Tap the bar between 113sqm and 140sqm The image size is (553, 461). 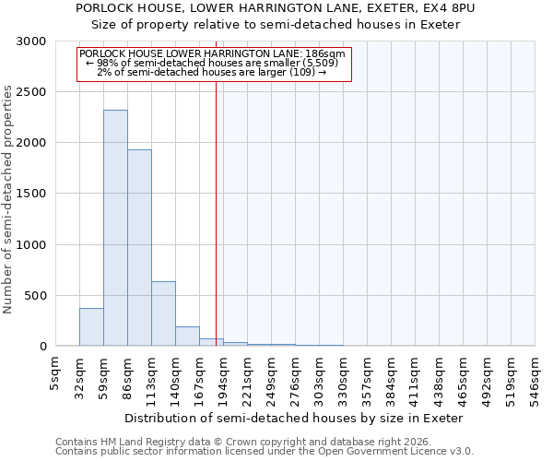click(x=163, y=313)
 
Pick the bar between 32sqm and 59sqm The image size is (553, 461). click(x=91, y=326)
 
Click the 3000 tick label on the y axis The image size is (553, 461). click(x=30, y=41)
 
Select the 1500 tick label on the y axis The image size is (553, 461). click(x=30, y=194)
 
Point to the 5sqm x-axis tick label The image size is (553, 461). click(x=55, y=371)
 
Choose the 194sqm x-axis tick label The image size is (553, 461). click(x=223, y=376)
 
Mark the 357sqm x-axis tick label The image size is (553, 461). click(x=367, y=376)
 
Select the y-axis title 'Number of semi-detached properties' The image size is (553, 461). click(x=9, y=199)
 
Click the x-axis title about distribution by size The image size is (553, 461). click(x=293, y=418)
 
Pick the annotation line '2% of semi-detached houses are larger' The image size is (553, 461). click(x=212, y=71)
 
